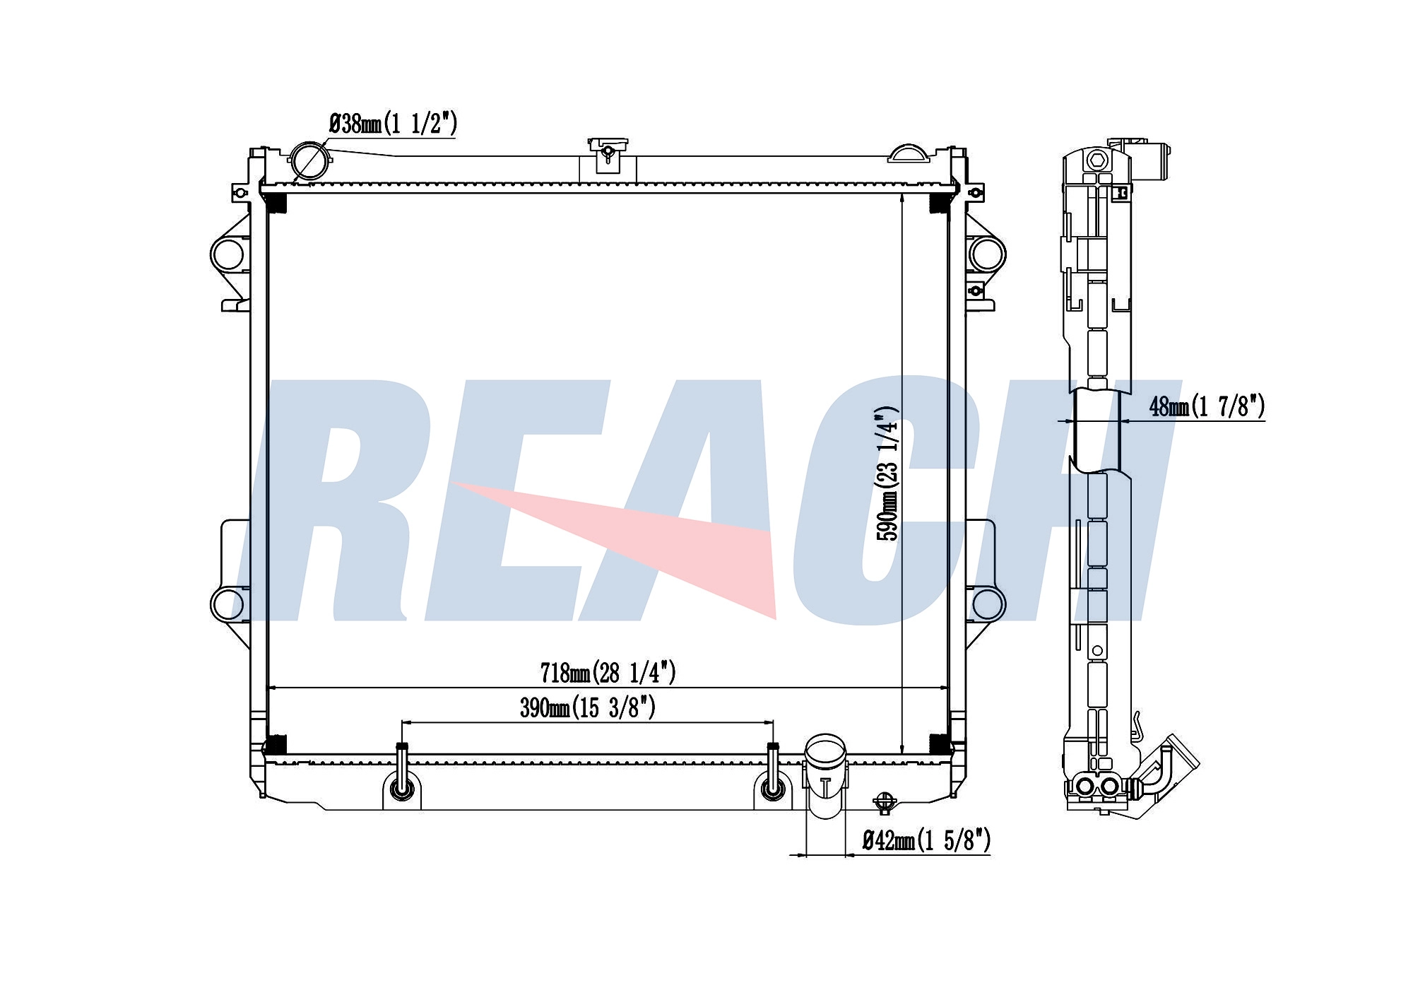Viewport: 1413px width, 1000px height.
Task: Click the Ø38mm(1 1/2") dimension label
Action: pos(394,124)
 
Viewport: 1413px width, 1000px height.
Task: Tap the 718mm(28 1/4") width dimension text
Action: pos(608,672)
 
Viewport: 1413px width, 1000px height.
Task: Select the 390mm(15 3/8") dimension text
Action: pos(588,707)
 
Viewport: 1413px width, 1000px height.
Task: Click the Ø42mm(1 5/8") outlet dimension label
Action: pos(926,840)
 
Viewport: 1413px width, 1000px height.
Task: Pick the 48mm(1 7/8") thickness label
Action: pos(1207,406)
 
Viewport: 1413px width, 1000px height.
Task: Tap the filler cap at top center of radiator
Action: pos(608,152)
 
